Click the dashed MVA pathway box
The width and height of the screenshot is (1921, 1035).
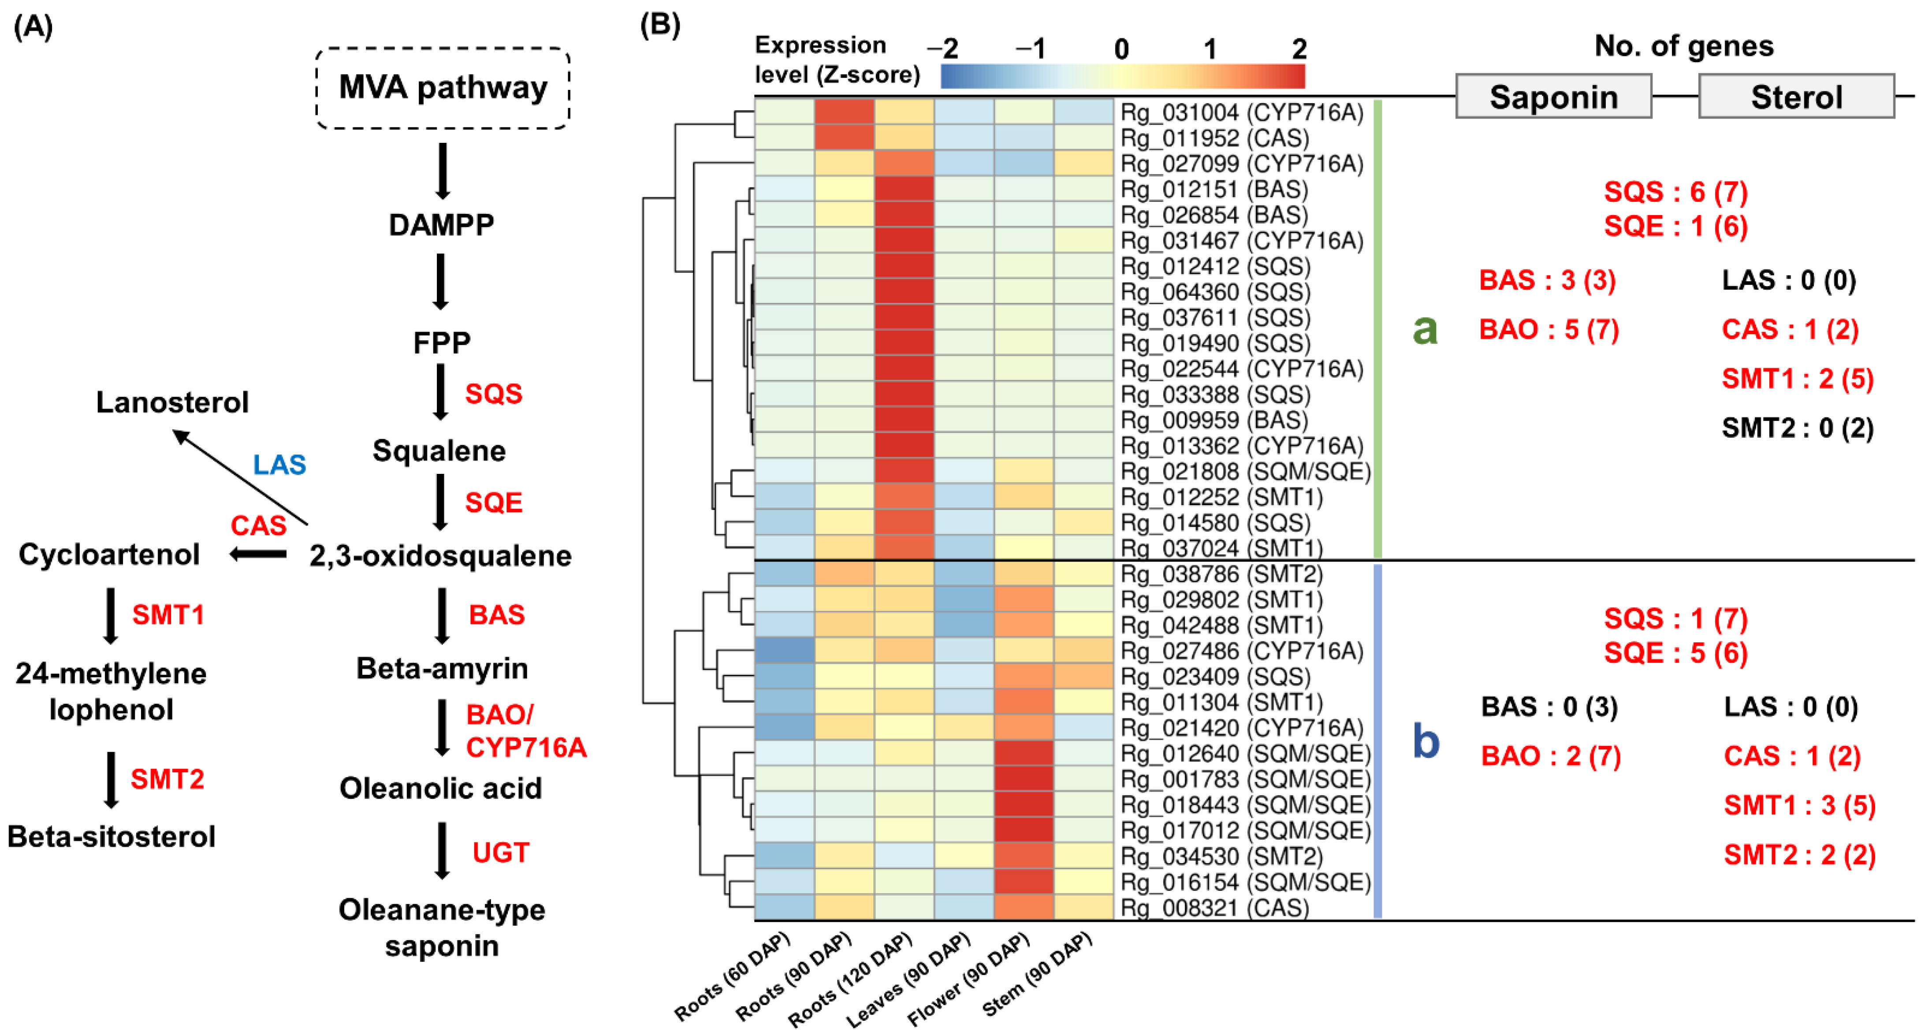443,88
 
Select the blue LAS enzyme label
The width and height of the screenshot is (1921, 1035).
279,465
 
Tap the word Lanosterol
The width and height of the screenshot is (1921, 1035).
172,402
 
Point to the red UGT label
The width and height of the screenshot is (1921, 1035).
500,853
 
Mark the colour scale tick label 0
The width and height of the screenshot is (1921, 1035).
1121,50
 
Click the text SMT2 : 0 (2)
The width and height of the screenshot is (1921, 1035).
1797,428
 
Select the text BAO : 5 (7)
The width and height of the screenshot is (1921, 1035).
1549,330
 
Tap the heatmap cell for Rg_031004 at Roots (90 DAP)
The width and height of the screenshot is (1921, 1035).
844,112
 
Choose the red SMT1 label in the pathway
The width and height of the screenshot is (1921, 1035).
168,615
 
